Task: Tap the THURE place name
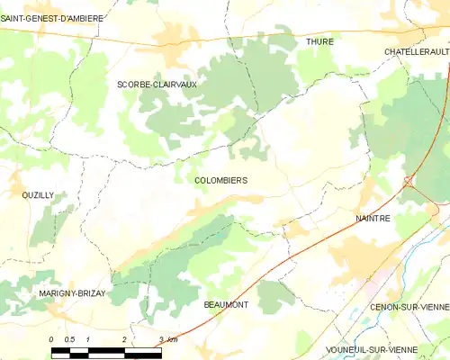319,41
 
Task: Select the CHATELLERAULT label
416,52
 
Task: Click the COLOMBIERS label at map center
220,180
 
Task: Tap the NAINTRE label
373,219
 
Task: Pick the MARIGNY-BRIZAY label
72,293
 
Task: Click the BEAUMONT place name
226,305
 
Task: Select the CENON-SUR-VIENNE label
409,307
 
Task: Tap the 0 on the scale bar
51,337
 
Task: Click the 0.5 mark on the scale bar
68,337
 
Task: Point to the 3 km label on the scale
166,337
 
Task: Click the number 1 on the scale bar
87,337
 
